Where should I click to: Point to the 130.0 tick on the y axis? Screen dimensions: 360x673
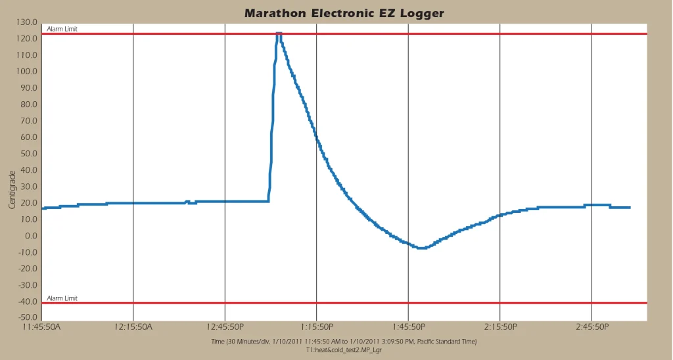[28, 22]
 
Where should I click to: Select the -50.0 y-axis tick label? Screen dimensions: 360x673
[28, 318]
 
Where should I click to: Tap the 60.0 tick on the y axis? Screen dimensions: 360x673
[30, 137]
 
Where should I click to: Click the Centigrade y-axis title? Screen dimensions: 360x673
[12, 190]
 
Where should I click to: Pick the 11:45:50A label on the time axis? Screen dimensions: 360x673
[41, 326]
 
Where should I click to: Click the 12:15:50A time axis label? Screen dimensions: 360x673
[133, 326]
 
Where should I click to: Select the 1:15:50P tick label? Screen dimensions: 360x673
[317, 326]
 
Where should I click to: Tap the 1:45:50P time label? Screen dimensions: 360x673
[408, 326]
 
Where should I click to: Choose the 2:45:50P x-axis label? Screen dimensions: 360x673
[592, 326]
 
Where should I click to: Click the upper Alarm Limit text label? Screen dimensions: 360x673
[62, 29]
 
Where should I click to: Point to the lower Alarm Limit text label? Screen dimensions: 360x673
[62, 298]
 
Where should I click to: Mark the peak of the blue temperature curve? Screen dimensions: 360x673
[279, 33]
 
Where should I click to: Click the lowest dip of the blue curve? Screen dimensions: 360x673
[421, 248]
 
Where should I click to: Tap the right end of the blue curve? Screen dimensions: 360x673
[630, 208]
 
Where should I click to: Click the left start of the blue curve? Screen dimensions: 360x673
[43, 208]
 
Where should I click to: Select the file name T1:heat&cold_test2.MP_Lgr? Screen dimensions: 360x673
[344, 350]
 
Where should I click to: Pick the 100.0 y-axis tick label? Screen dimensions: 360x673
[28, 72]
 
